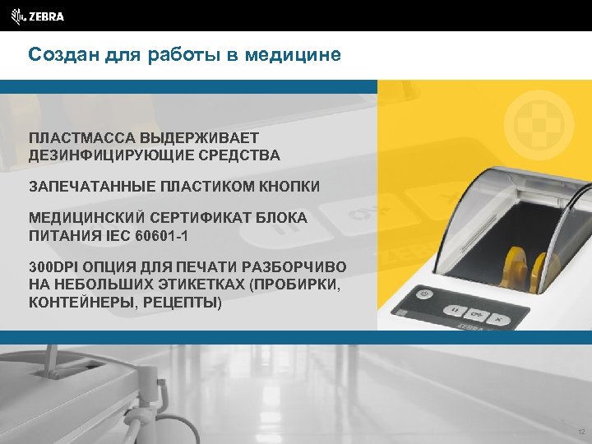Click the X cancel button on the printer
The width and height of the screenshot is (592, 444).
pyautogui.click(x=498, y=315)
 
